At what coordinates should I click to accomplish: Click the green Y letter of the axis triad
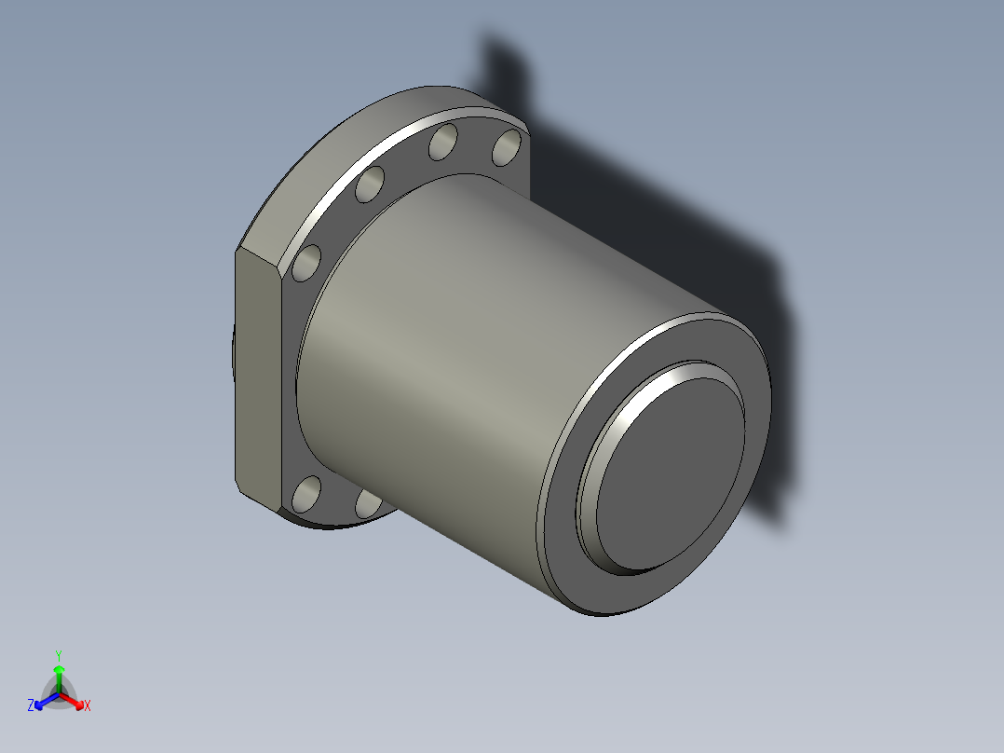coord(59,654)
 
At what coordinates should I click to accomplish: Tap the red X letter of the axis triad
coord(88,706)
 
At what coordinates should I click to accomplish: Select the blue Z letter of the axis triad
coord(31,705)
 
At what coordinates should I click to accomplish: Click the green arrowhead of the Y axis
coord(59,669)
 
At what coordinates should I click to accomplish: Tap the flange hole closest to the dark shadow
coord(507,147)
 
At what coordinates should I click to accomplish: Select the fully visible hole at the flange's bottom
coord(306,494)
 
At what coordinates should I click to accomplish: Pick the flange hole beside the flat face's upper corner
coord(306,264)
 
